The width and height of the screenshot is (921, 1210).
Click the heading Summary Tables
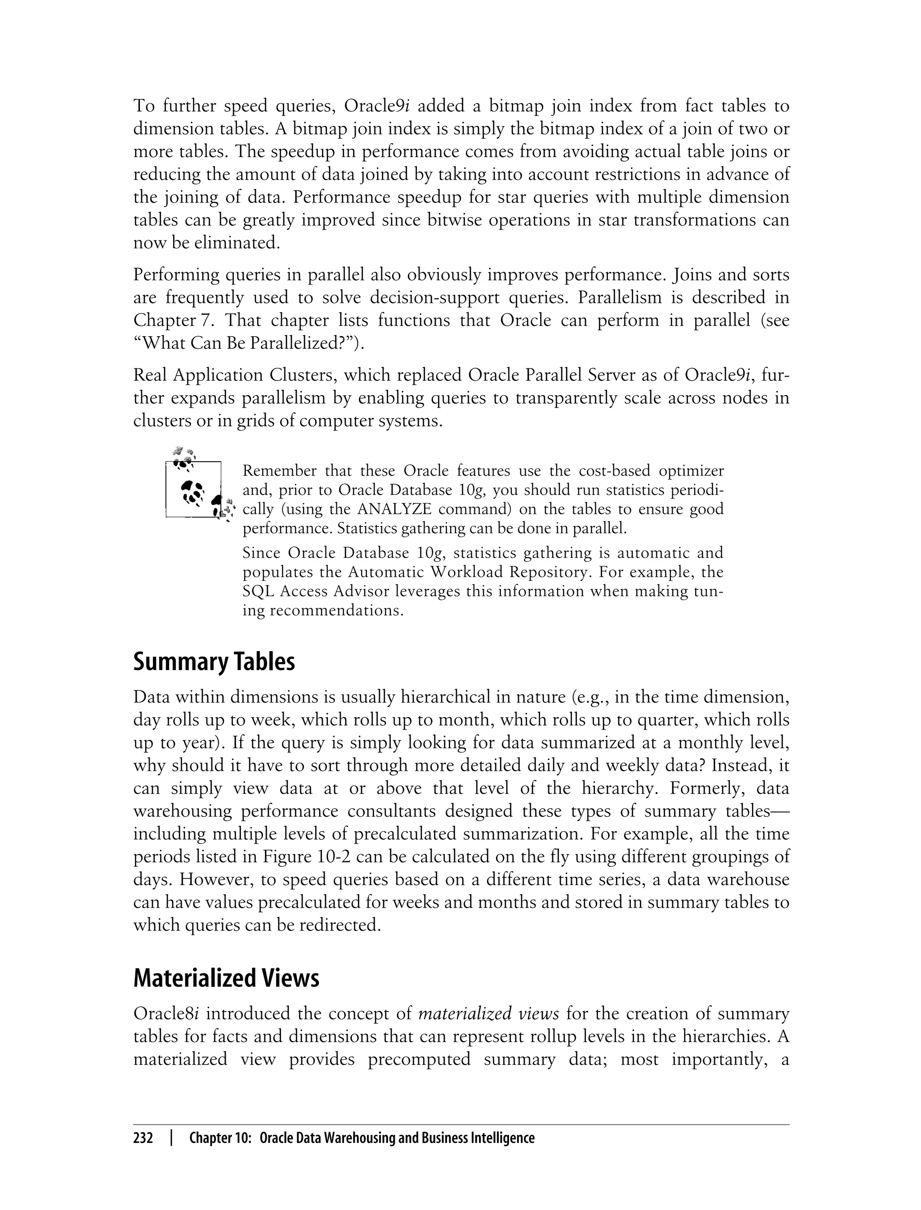(x=214, y=662)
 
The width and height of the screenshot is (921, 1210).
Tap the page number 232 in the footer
(x=143, y=1138)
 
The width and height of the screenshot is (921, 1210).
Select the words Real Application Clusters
(x=236, y=375)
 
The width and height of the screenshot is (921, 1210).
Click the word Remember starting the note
(x=280, y=471)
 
